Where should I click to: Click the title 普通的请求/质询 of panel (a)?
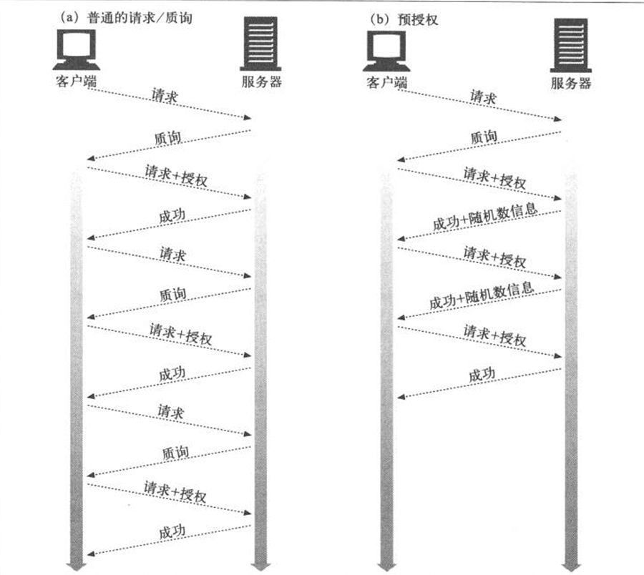(140, 18)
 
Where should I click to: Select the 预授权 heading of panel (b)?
(418, 19)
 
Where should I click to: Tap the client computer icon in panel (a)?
(77, 49)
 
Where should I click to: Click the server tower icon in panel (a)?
(260, 44)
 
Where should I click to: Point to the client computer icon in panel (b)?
(386, 51)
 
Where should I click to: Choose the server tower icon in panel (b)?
(570, 45)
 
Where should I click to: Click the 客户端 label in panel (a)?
(77, 81)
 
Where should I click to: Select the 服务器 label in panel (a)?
(262, 82)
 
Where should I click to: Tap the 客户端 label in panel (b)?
(386, 82)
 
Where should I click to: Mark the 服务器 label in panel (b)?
(571, 83)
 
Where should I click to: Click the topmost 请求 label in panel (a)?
(165, 96)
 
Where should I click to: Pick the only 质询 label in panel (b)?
(484, 137)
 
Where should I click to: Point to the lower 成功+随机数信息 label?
(482, 295)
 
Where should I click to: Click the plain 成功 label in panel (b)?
(482, 375)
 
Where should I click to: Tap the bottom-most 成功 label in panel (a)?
(172, 532)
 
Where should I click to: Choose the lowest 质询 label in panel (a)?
(175, 453)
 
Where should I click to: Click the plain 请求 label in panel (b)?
(483, 97)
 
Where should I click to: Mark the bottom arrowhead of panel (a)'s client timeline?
(77, 566)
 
